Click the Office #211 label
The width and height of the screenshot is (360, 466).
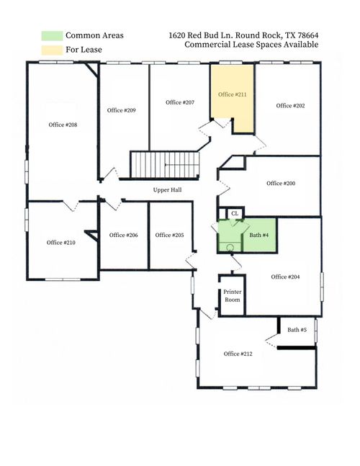coord(232,94)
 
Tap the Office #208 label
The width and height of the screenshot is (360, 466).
coord(63,125)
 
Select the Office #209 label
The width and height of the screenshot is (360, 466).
coord(122,110)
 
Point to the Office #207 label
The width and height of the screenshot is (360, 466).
coord(180,102)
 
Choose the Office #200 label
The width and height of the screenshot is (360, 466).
coord(281,183)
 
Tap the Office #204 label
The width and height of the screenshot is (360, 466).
coord(285,277)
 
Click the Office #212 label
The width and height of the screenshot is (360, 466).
coord(238,354)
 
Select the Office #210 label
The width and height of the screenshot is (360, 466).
coord(61,242)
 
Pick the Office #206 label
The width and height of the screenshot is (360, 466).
coord(123,235)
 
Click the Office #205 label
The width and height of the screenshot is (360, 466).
coord(169,235)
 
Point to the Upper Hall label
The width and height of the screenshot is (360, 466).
coord(167,190)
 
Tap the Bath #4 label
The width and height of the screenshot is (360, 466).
coord(259,235)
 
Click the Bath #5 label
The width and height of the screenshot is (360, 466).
coord(297,330)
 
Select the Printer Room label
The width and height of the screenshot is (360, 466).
coord(232,295)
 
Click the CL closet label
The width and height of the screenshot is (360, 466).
coord(235,213)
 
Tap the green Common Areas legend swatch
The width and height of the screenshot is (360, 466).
coord(51,35)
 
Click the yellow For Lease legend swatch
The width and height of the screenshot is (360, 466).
coord(51,50)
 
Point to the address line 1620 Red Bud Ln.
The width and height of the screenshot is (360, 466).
coord(243,35)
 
